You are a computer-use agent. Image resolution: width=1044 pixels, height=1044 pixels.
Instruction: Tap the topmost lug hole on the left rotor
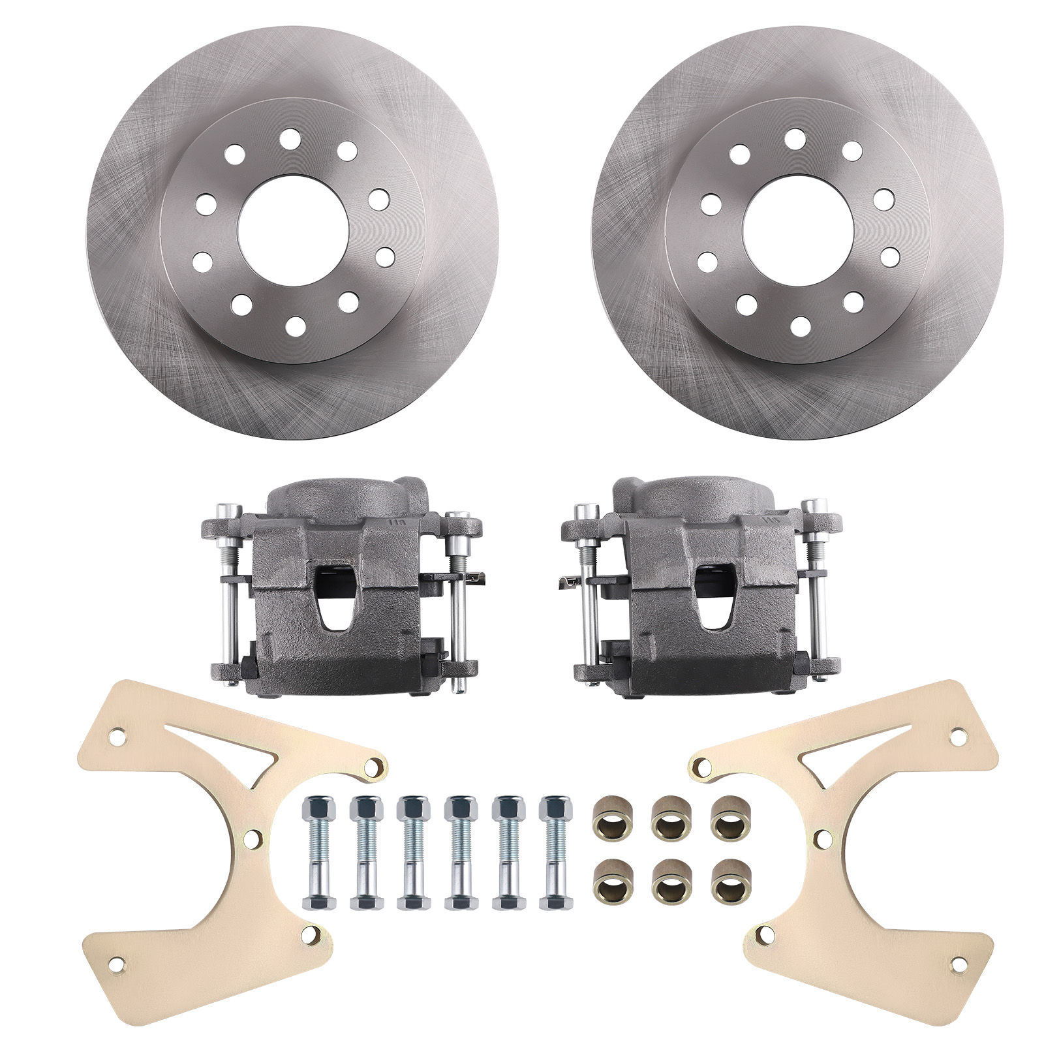[288, 139]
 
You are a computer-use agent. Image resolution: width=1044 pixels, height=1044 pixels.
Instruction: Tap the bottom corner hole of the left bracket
[119, 981]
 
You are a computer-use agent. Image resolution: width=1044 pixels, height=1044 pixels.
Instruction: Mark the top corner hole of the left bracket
[118, 735]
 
